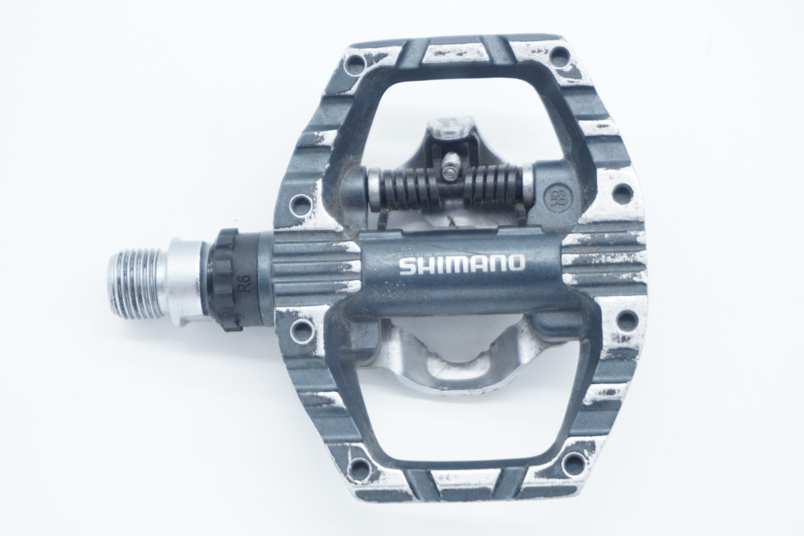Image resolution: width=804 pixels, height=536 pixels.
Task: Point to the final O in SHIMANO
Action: [516, 263]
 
